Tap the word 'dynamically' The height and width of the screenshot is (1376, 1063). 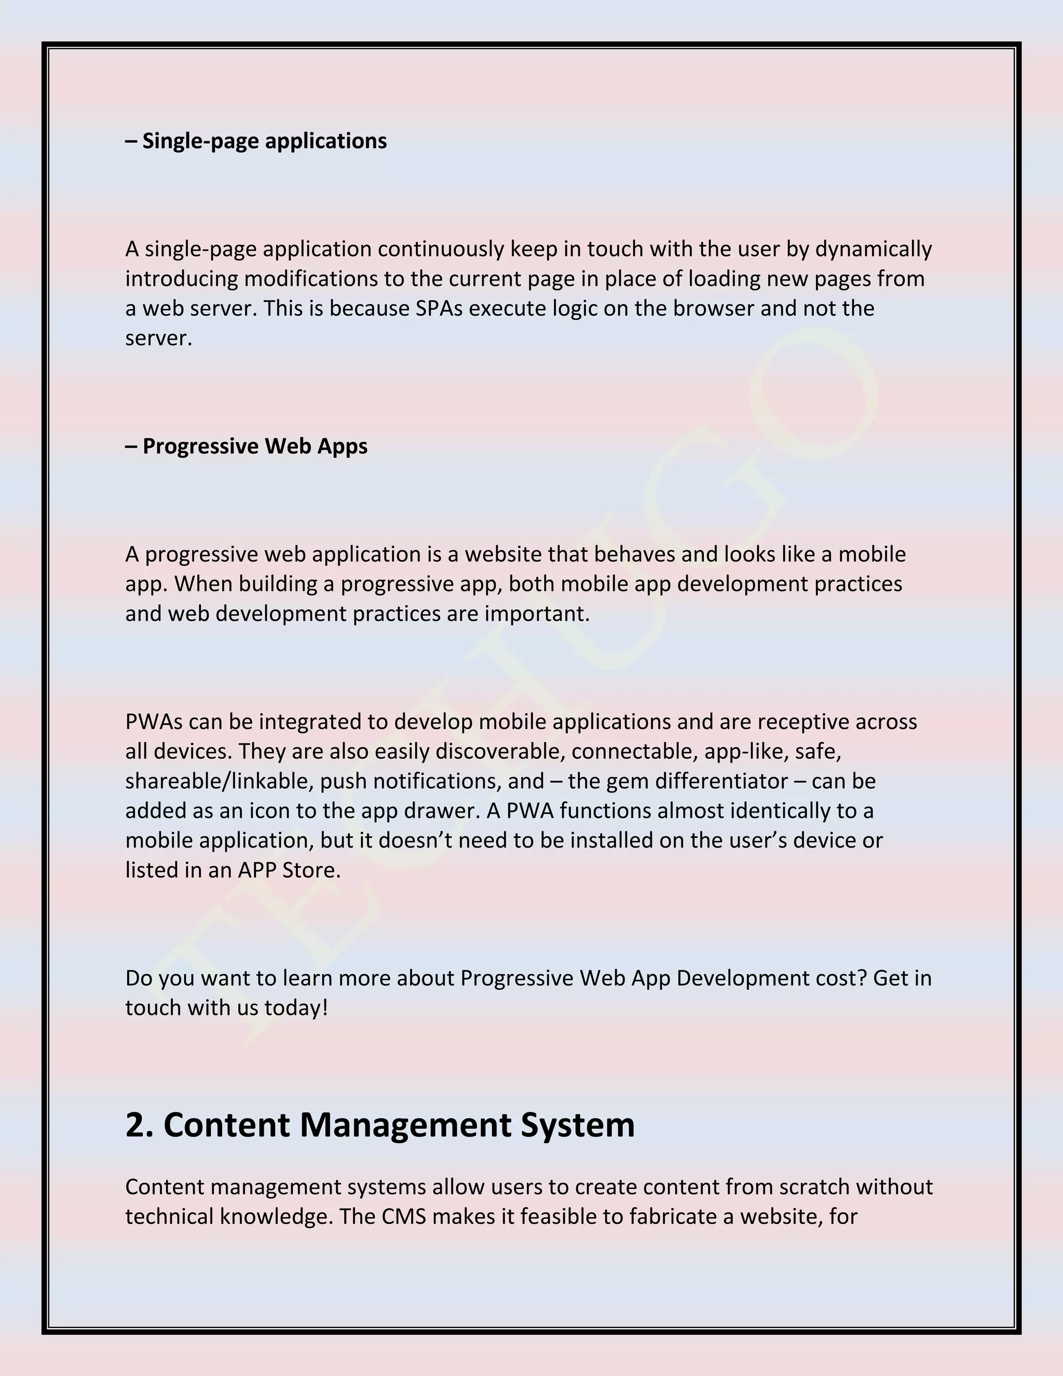(873, 249)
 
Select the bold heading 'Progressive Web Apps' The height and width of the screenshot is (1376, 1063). (254, 446)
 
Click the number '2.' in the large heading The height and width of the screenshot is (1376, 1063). (139, 1125)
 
